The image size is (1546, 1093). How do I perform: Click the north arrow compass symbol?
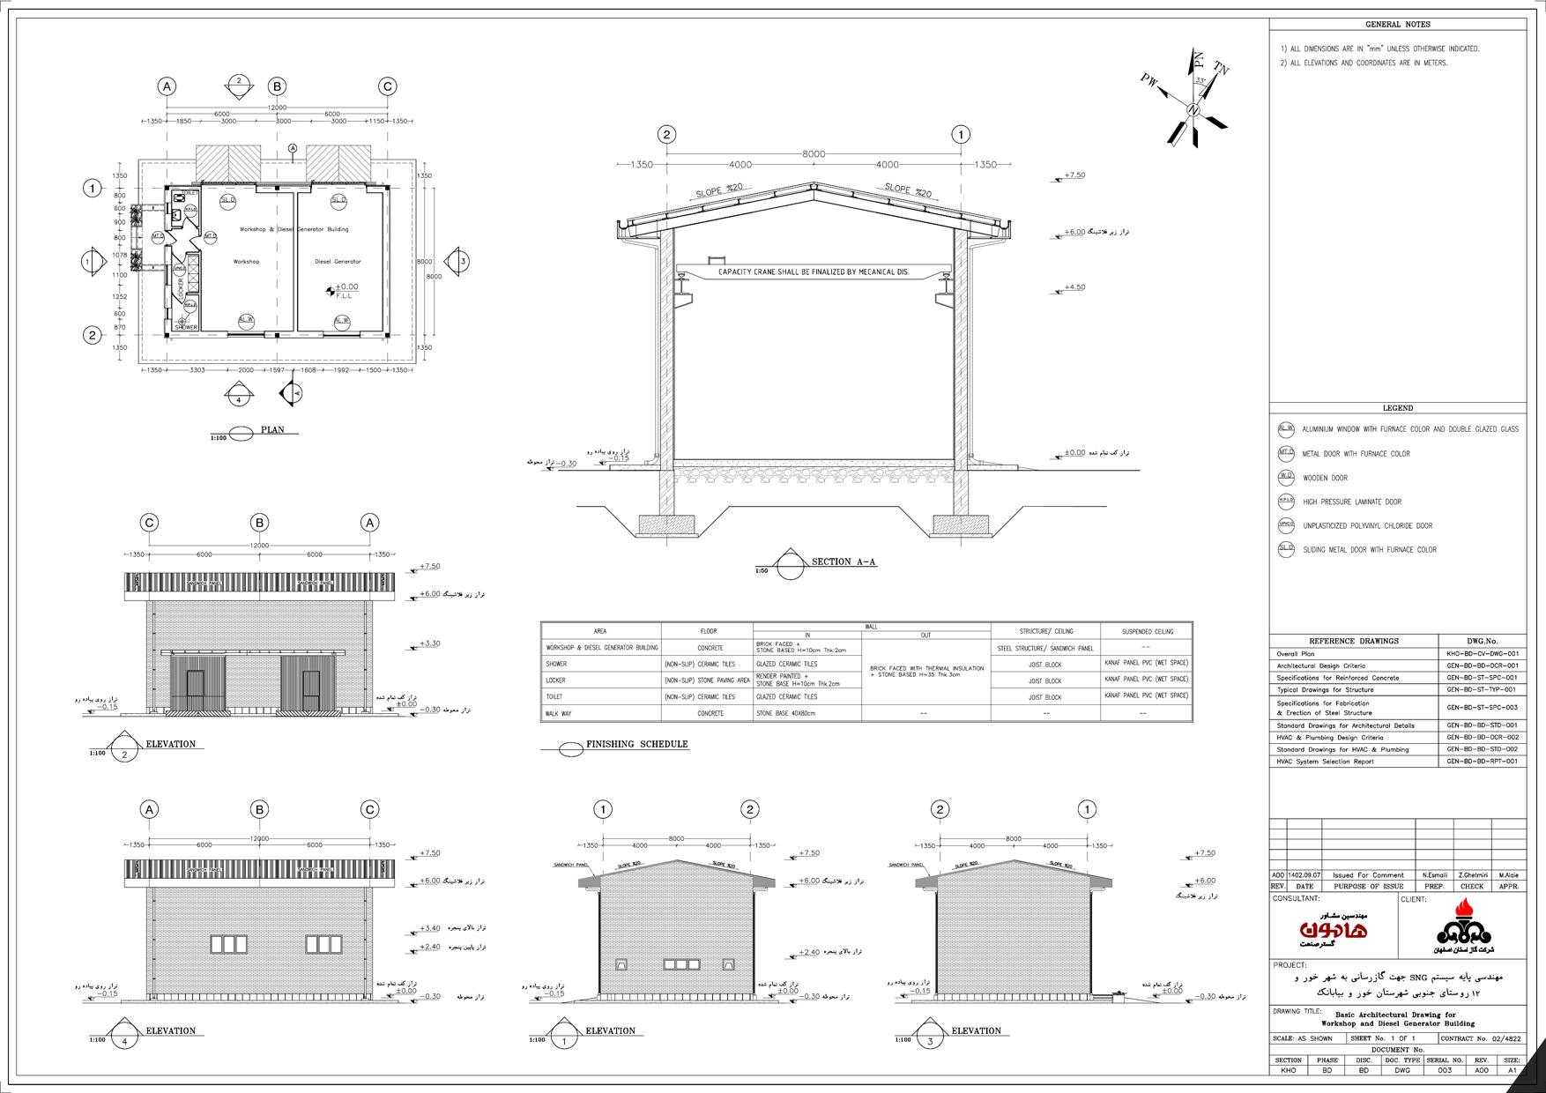tap(1194, 107)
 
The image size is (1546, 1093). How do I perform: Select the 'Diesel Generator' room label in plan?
tap(338, 262)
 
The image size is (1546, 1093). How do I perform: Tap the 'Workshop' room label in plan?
tap(246, 262)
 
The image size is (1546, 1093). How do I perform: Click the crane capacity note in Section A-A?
tap(813, 271)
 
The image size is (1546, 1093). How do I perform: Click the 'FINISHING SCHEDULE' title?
tap(637, 745)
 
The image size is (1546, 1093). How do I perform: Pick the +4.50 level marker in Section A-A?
tap(1074, 287)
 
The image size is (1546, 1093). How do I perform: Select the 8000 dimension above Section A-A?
tap(813, 154)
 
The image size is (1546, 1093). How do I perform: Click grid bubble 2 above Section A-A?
tap(667, 135)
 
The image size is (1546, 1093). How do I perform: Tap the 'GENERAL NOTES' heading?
tap(1397, 25)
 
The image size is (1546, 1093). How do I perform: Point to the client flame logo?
tap(1462, 927)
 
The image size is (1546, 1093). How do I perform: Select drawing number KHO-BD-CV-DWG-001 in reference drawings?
tap(1483, 654)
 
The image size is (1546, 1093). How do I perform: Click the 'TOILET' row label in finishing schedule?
tap(556, 696)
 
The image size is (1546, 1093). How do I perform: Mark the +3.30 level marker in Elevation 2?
tap(430, 644)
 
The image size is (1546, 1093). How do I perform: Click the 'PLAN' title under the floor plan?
tap(273, 430)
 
